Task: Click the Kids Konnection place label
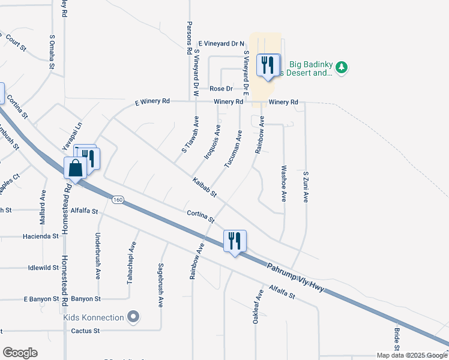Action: (x=94, y=317)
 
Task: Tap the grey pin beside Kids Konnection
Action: (x=133, y=316)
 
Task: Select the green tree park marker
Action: (x=342, y=66)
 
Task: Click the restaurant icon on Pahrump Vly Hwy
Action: (x=233, y=241)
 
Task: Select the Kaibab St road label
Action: (x=204, y=188)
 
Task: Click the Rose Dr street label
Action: (x=220, y=88)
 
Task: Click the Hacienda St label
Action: (x=41, y=236)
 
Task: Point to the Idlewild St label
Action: (x=43, y=268)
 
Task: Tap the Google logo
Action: (x=20, y=353)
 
